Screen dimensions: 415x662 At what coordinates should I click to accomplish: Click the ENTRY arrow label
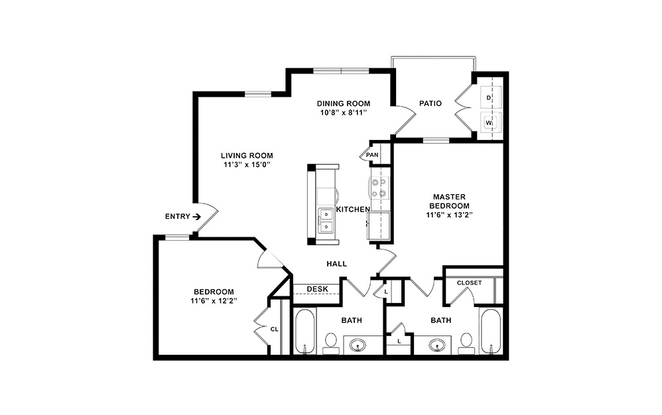[x=182, y=216]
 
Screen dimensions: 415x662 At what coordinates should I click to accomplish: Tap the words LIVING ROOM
[x=247, y=156]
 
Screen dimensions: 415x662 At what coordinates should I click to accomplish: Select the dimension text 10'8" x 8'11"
[x=342, y=113]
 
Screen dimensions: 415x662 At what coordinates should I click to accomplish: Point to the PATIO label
[x=430, y=103]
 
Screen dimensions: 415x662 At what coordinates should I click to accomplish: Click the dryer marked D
[x=490, y=97]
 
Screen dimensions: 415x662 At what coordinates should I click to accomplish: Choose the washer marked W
[x=490, y=123]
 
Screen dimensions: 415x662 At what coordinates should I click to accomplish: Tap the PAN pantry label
[x=371, y=155]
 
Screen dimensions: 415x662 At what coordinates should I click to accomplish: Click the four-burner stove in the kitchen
[x=380, y=186]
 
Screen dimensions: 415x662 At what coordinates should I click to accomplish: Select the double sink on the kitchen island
[x=326, y=220]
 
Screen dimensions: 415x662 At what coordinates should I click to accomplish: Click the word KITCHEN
[x=353, y=209]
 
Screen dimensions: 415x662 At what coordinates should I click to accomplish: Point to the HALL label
[x=336, y=264]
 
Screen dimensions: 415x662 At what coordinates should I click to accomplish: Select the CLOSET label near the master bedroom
[x=469, y=283]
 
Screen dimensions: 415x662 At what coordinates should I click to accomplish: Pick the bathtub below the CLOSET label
[x=491, y=331]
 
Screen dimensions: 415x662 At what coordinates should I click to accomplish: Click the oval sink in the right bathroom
[x=437, y=345]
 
